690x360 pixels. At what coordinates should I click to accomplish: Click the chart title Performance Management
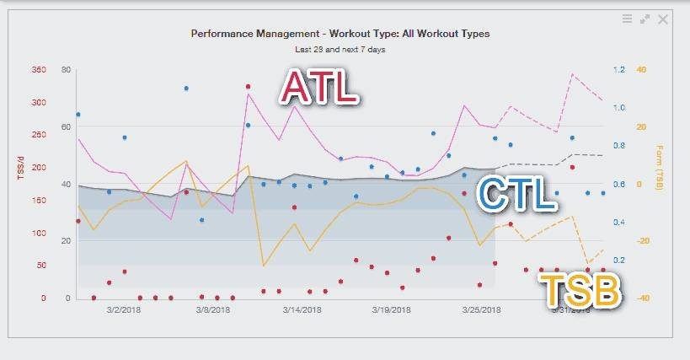pos(340,34)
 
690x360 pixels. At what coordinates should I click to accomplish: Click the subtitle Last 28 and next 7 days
pos(340,50)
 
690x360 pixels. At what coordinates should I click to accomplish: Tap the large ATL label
pos(320,87)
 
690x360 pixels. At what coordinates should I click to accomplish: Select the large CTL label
pos(516,193)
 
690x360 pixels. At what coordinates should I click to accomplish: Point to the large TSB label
pos(582,291)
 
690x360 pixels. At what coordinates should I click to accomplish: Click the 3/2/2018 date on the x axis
pos(125,309)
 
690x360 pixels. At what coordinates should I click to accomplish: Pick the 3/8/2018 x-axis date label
pos(213,309)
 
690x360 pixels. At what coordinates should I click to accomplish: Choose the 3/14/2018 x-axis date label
pos(302,309)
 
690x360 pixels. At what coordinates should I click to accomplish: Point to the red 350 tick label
pos(39,70)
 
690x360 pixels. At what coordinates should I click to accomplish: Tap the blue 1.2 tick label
pos(620,70)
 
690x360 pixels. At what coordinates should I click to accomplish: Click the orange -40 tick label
pos(643,298)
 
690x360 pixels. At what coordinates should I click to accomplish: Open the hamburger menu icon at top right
pos(628,19)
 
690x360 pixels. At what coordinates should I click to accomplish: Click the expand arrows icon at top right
pos(645,19)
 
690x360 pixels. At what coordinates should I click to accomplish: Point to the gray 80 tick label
pos(66,70)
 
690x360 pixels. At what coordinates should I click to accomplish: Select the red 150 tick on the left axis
pos(39,200)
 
